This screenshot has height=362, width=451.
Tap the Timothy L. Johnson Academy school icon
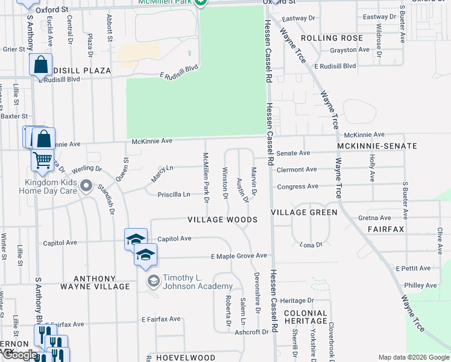153,281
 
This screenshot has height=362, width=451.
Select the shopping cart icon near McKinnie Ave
42,160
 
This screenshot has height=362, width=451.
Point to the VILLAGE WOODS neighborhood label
222,220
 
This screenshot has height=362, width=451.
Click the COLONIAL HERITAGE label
306,318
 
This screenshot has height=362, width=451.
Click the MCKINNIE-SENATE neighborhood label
377,146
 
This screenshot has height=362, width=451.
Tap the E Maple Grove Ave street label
239,256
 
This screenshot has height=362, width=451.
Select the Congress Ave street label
297,186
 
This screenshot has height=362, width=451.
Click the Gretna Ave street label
375,218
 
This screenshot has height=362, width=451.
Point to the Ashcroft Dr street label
251,332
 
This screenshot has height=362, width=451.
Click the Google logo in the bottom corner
19,355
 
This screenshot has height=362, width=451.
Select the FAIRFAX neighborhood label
385,230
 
